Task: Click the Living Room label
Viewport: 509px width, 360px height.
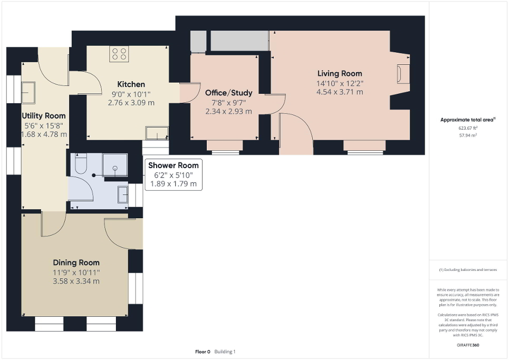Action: pyautogui.click(x=340, y=73)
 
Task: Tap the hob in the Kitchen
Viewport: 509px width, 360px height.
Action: pyautogui.click(x=119, y=54)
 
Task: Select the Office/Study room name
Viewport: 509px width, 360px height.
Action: pyautogui.click(x=228, y=93)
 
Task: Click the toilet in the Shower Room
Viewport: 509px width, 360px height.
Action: pyautogui.click(x=81, y=165)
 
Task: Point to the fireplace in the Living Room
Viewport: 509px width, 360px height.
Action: pyautogui.click(x=403, y=74)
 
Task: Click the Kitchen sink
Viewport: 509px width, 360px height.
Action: pyautogui.click(x=158, y=132)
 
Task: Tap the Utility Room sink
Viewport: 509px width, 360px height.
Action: pyautogui.click(x=28, y=92)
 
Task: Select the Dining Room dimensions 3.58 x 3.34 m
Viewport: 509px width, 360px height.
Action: pyautogui.click(x=76, y=281)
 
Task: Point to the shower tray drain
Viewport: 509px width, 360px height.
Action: pyautogui.click(x=114, y=168)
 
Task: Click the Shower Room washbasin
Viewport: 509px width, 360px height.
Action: pyautogui.click(x=123, y=194)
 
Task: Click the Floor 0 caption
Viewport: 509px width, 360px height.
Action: pyautogui.click(x=203, y=352)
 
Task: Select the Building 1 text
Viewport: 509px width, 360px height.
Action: pyautogui.click(x=225, y=352)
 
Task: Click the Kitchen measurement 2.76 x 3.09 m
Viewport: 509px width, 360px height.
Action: pyautogui.click(x=131, y=102)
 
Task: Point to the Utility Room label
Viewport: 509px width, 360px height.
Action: pyautogui.click(x=44, y=116)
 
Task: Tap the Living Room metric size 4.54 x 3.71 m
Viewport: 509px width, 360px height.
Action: pyautogui.click(x=340, y=92)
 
